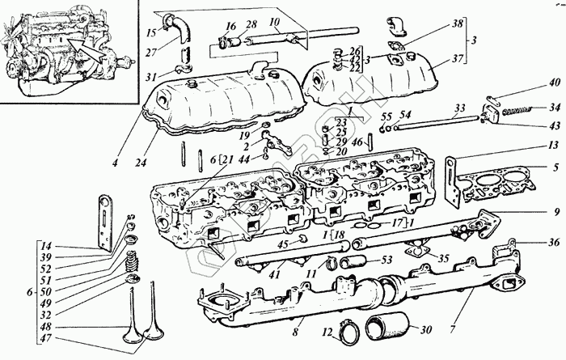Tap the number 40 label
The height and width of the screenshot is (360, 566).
pos(554,83)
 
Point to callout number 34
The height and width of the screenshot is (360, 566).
pos(554,106)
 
